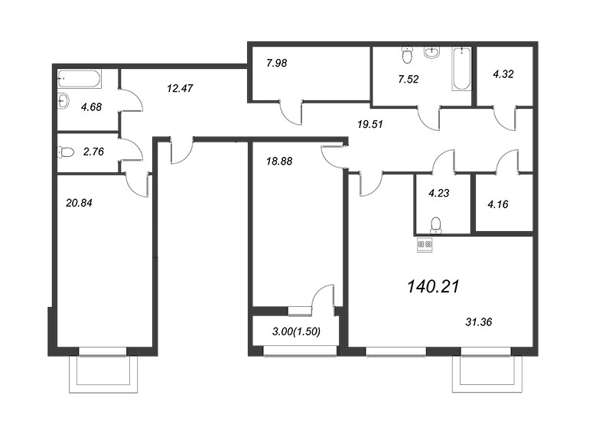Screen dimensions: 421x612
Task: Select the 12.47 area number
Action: (x=179, y=88)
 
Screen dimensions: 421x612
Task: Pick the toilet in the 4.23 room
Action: (x=436, y=224)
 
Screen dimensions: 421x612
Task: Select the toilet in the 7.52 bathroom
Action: (x=408, y=54)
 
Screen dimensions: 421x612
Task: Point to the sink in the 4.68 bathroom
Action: (x=63, y=100)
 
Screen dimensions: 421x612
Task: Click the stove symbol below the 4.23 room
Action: (x=425, y=245)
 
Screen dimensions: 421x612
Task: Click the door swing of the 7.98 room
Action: (x=291, y=113)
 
